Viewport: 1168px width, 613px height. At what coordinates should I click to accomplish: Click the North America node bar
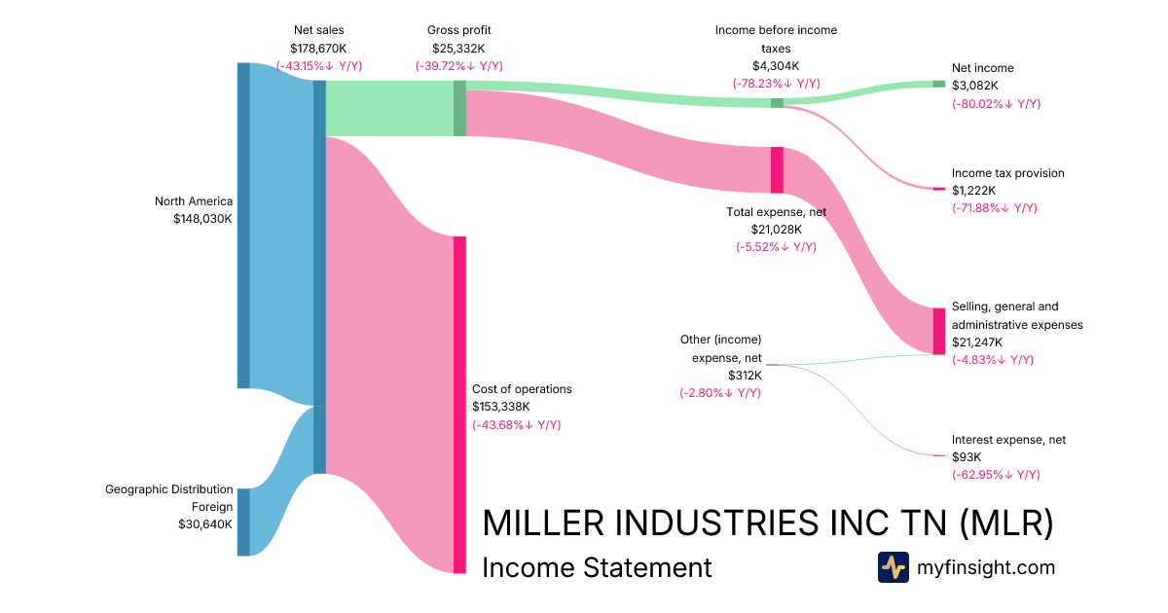[x=243, y=226]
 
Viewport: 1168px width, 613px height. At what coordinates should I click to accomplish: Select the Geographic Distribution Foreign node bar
[x=243, y=522]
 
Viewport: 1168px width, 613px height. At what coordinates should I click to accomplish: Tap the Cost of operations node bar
[x=459, y=404]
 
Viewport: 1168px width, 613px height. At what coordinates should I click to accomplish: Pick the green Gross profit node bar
[x=459, y=108]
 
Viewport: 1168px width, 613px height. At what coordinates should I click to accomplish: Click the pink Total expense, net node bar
[x=777, y=170]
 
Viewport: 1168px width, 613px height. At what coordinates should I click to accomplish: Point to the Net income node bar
[x=938, y=84]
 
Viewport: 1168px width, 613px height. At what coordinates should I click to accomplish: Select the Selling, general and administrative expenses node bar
[x=938, y=331]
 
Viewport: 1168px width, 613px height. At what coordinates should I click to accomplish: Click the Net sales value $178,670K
[x=317, y=48]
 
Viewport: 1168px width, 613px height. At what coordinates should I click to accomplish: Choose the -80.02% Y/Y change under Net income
[x=996, y=103]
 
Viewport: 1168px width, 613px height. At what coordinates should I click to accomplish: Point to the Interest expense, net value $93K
[x=967, y=456]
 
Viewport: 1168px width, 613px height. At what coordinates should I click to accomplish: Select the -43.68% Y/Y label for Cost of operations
[x=516, y=424]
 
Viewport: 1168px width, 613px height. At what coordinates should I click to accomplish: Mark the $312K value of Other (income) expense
[x=745, y=375]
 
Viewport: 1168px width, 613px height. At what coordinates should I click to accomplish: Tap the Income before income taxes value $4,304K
[x=776, y=66]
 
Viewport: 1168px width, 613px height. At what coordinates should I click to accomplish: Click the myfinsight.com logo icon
[x=893, y=567]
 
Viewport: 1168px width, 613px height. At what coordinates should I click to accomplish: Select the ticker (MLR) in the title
[x=1006, y=523]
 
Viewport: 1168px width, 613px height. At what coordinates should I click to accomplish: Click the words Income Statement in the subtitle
[x=597, y=567]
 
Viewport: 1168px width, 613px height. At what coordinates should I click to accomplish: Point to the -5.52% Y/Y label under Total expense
[x=776, y=247]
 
